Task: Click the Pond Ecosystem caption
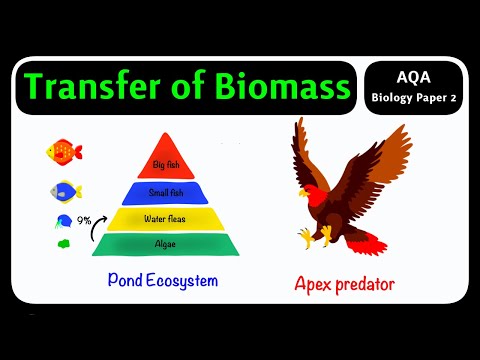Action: click(162, 282)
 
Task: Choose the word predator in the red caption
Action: click(365, 284)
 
